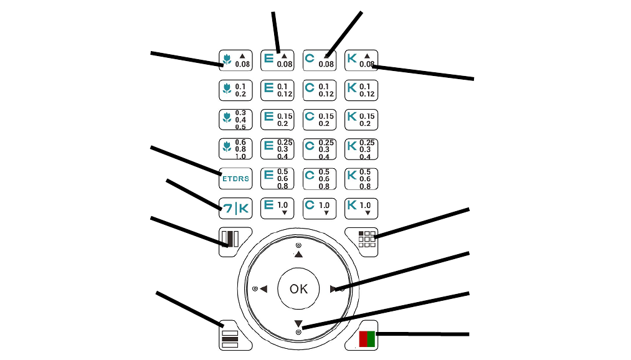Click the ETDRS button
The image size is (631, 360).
(235, 179)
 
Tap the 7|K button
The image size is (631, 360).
(235, 209)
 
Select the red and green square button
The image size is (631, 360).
(366, 339)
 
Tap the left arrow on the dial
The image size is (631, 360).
(263, 289)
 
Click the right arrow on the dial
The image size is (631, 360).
(334, 289)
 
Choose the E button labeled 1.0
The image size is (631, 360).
(277, 208)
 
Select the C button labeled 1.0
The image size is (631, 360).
(319, 208)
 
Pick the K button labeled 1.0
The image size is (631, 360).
(361, 208)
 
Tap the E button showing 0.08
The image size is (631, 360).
(277, 60)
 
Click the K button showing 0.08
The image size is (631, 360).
(361, 60)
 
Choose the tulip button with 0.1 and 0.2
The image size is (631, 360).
(235, 90)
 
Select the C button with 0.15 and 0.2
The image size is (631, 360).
(319, 120)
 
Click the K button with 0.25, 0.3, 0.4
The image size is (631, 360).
(361, 149)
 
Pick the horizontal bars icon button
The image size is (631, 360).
(230, 339)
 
